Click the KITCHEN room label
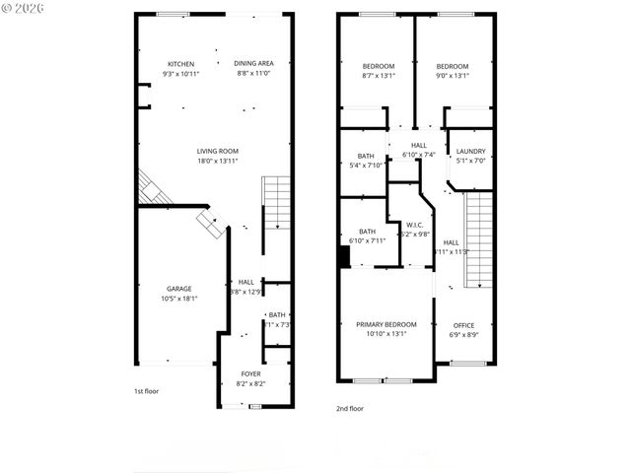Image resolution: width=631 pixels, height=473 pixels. tap(180, 64)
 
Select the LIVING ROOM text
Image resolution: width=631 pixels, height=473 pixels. tap(217, 151)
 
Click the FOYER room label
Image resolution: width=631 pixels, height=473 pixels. tap(251, 374)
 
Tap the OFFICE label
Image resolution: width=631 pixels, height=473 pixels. tap(463, 325)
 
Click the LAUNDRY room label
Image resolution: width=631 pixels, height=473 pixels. tap(470, 151)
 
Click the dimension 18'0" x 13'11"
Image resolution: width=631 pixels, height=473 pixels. tap(217, 160)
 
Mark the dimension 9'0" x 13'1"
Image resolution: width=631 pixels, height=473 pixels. tap(453, 74)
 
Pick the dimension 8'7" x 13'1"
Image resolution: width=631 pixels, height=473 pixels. tap(378, 74)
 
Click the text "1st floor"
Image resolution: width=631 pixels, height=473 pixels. tap(147, 391)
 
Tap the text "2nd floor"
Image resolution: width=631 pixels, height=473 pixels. tap(351, 407)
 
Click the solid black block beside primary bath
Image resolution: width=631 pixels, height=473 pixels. tap(343, 256)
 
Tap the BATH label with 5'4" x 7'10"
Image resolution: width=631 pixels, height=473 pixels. tap(366, 156)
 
